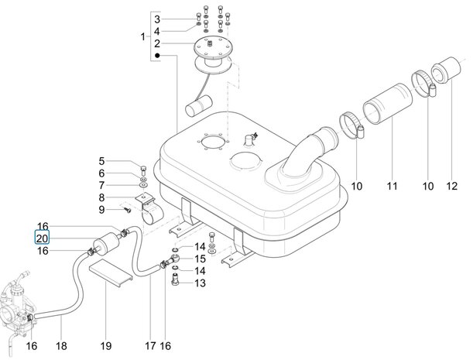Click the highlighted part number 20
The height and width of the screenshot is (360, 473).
tap(42, 238)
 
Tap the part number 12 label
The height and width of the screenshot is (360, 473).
tap(451, 186)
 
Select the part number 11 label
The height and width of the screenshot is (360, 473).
tap(392, 186)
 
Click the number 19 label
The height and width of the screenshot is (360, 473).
tap(106, 346)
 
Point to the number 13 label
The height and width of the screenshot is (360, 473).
tap(200, 283)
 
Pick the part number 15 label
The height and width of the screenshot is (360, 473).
tap(200, 259)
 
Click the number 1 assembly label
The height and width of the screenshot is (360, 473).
tap(143, 37)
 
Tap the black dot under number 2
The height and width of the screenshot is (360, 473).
tap(157, 56)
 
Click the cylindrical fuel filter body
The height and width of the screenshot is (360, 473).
tap(107, 245)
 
